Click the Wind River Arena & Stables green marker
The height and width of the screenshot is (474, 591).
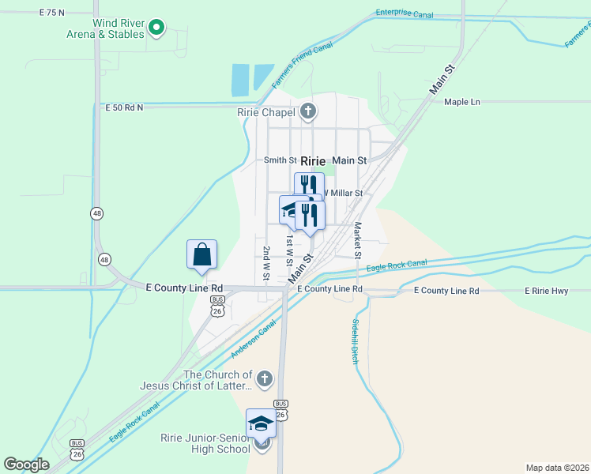[x=156, y=28]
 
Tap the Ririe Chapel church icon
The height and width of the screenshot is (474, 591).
[x=307, y=111]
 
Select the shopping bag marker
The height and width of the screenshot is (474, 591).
[x=202, y=254]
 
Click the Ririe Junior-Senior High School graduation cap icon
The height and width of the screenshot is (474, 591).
[x=261, y=423]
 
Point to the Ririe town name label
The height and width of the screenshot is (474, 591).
[x=313, y=160]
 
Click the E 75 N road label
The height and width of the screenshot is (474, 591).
[x=63, y=13]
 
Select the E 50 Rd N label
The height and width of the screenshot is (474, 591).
[x=124, y=107]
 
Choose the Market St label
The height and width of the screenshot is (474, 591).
[x=357, y=240]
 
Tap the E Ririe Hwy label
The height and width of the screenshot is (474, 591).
[x=547, y=292]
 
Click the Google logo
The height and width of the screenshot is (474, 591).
[x=26, y=465]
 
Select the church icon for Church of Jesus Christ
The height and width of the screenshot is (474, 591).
[x=265, y=378]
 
